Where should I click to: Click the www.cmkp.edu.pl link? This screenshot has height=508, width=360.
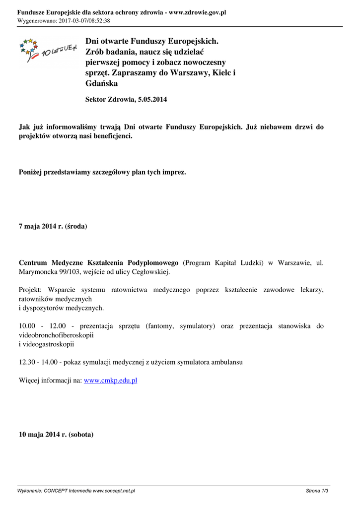[x=110, y=381]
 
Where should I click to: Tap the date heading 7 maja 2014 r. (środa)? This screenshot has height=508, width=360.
[x=53, y=226]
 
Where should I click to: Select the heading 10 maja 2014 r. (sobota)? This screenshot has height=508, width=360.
[x=56, y=434]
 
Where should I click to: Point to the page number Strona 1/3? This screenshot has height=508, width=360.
[x=317, y=491]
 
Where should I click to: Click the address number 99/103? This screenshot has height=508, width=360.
[x=71, y=272]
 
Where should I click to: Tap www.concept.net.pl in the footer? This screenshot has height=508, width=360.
[x=114, y=491]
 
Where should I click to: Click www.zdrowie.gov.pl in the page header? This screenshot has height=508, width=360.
[x=197, y=12]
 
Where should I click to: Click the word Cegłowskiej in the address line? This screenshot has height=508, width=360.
[x=151, y=272]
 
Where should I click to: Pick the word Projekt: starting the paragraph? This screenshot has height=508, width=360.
[x=31, y=290]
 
